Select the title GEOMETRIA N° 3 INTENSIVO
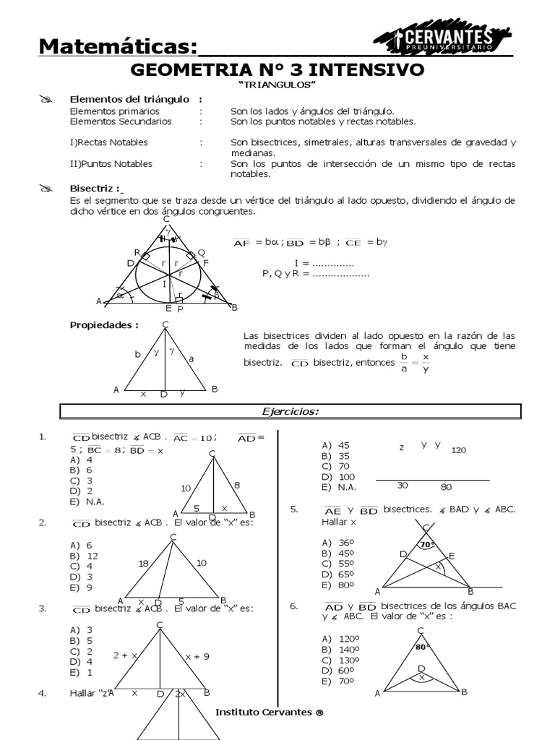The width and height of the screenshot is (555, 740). pyautogui.click(x=277, y=70)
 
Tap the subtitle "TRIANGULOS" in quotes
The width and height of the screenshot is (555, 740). pyautogui.click(x=277, y=85)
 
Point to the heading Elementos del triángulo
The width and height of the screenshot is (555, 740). pyautogui.click(x=129, y=99)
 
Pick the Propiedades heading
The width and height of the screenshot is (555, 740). pyautogui.click(x=103, y=324)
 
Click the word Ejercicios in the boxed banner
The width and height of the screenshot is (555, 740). pyautogui.click(x=290, y=411)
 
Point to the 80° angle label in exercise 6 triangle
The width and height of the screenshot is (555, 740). pyautogui.click(x=422, y=647)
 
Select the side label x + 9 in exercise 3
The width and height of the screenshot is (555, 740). pyautogui.click(x=197, y=656)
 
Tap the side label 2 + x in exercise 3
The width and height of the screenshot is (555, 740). pyautogui.click(x=125, y=655)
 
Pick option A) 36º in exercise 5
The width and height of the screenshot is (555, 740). pyautogui.click(x=335, y=542)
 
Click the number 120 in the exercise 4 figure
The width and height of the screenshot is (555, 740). pyautogui.click(x=458, y=450)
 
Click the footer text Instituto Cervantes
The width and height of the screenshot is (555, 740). pyautogui.click(x=269, y=712)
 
